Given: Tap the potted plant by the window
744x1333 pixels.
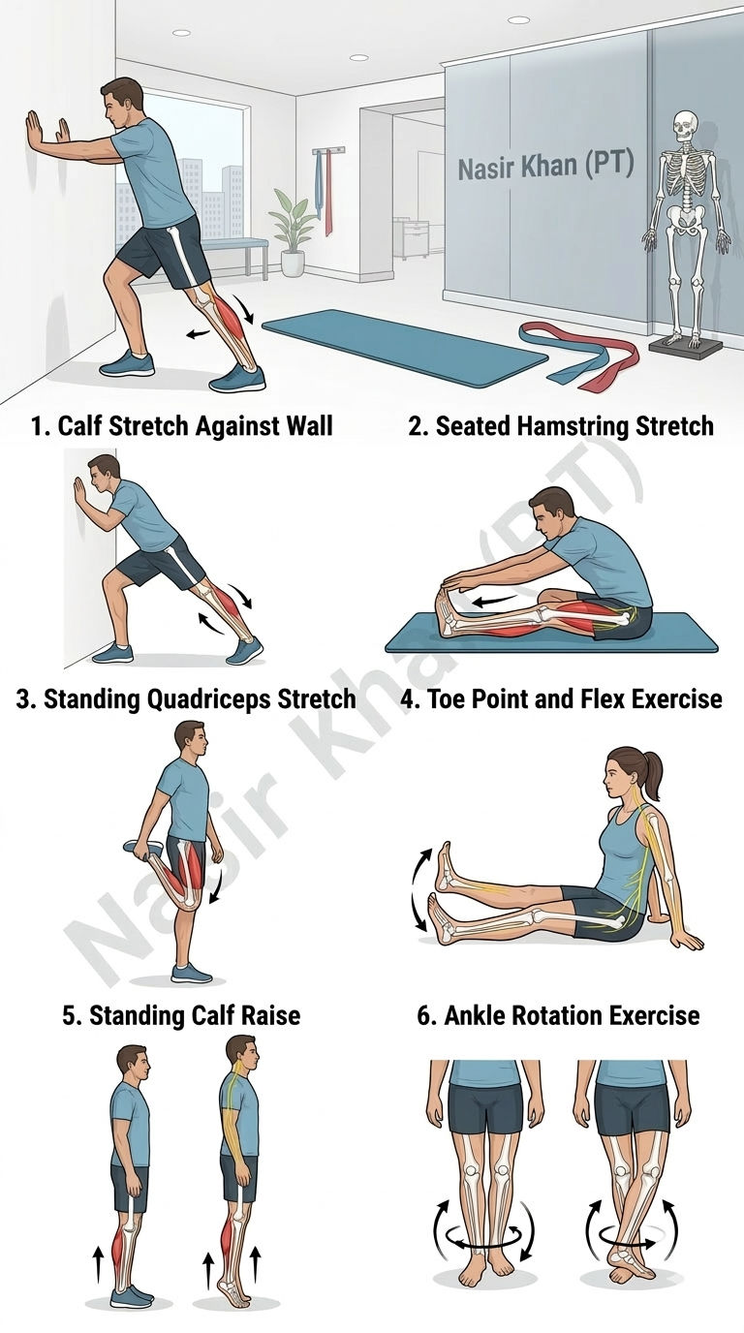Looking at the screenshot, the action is (293, 232).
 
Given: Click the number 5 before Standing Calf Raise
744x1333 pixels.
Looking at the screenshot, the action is (70, 1016).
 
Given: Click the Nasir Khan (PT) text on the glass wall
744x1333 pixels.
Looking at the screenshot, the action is (545, 166).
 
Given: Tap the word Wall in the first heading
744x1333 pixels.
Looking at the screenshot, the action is (309, 426).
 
